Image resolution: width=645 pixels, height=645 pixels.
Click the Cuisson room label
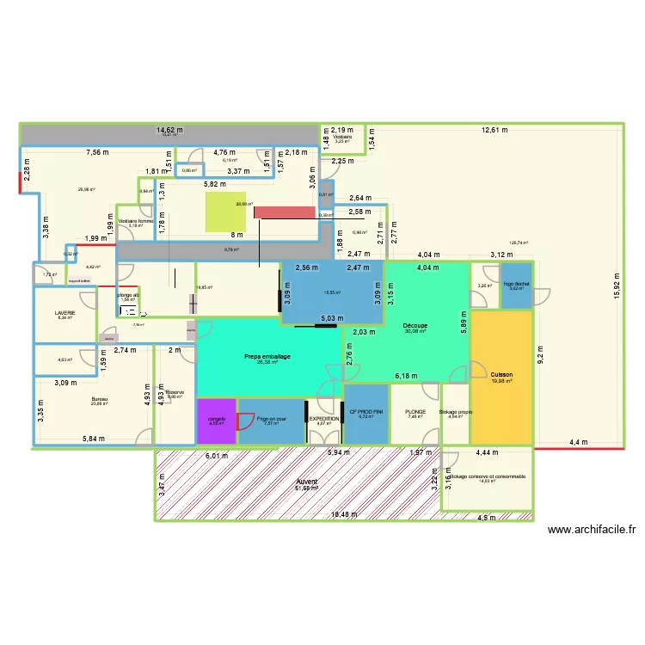(501, 375)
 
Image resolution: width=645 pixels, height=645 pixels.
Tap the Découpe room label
(416, 326)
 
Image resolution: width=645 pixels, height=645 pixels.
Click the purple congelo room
(217, 421)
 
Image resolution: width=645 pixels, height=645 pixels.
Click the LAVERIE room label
(64, 312)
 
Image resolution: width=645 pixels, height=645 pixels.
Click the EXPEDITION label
(324, 417)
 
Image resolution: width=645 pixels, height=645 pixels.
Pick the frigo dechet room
(516, 286)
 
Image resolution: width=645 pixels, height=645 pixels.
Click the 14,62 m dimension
(169, 131)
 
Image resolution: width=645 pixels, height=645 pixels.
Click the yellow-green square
(224, 212)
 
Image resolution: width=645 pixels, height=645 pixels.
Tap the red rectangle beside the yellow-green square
(285, 212)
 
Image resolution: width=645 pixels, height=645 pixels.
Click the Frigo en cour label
(272, 420)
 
